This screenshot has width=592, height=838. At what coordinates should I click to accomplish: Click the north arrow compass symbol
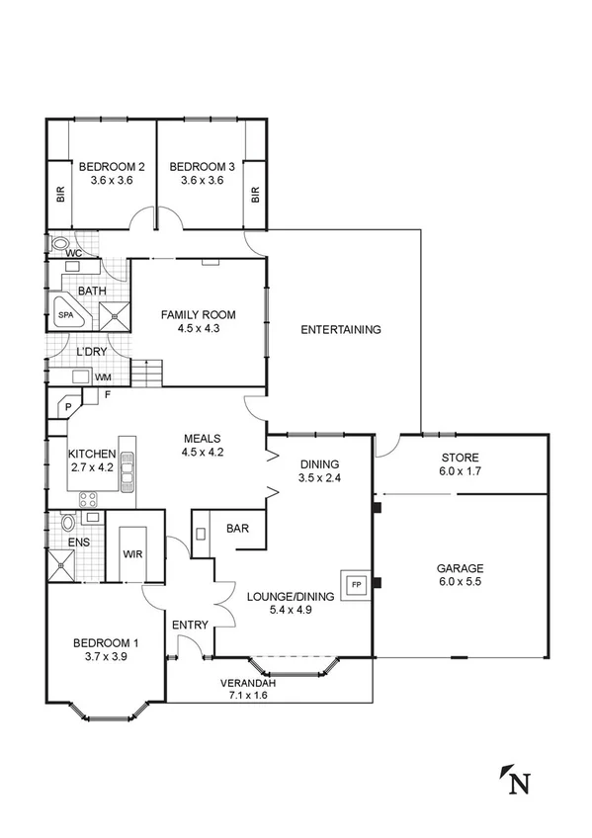514,781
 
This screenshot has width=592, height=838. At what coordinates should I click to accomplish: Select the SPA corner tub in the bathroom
66,314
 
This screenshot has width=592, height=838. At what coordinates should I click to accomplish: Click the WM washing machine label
103,377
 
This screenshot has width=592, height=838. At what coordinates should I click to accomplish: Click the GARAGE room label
461,568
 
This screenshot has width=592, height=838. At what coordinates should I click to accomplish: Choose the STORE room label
461,458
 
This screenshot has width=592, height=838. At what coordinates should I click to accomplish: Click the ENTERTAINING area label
341,329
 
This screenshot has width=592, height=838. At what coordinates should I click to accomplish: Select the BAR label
237,529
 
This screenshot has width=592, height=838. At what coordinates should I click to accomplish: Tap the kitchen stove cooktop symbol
87,498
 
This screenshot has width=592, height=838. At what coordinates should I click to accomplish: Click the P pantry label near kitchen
68,406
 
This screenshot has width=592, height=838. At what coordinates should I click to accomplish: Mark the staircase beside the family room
146,374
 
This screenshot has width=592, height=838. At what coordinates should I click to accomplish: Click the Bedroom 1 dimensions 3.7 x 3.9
106,657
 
